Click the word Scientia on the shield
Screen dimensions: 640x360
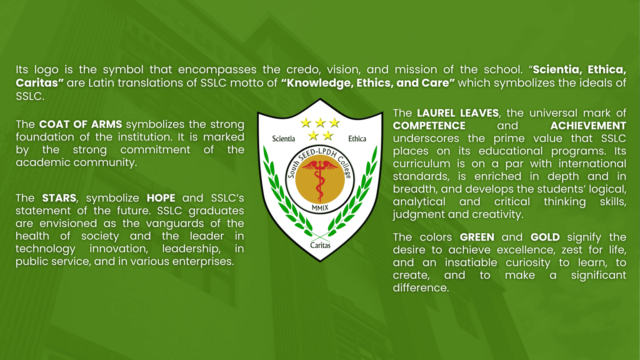tap(283, 139)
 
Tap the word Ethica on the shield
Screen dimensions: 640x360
tap(357, 139)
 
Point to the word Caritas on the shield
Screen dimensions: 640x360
tap(320, 245)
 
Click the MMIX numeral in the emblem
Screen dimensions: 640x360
tap(320, 208)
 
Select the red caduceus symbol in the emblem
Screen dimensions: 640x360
tap(320, 180)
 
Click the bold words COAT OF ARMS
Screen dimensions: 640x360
tap(80, 124)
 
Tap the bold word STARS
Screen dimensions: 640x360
tap(59, 198)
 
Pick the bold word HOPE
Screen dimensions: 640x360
tap(161, 198)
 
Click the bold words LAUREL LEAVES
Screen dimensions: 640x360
tap(458, 113)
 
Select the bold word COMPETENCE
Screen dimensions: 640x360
tap(429, 126)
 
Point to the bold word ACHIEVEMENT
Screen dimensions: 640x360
tap(588, 126)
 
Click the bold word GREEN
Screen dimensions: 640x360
tap(477, 237)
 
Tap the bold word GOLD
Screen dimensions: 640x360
tap(545, 237)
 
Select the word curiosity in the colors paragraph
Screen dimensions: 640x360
tap(528, 262)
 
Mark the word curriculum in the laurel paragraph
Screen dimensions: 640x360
tap(421, 164)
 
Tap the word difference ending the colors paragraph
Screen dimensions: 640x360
tap(420, 288)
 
